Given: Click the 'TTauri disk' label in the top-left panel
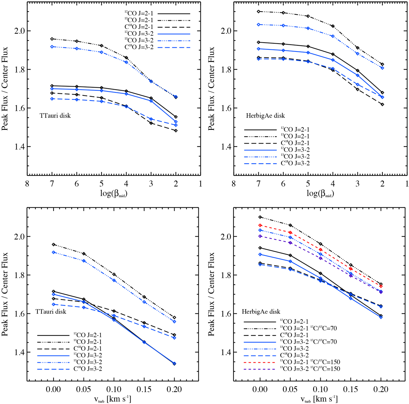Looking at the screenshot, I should click(x=55, y=116).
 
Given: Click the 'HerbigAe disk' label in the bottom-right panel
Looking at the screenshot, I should click(x=261, y=312).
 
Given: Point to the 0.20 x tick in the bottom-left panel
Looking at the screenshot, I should click(x=175, y=389).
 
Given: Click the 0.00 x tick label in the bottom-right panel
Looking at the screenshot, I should click(x=260, y=389).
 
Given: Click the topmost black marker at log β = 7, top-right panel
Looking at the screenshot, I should click(x=259, y=12).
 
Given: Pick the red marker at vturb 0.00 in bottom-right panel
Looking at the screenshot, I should click(x=260, y=225).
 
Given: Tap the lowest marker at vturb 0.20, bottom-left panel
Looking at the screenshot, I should click(x=175, y=364).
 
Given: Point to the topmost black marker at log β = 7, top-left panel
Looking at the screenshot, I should click(x=52, y=39).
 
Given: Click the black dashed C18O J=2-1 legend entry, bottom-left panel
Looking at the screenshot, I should click(x=87, y=348).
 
